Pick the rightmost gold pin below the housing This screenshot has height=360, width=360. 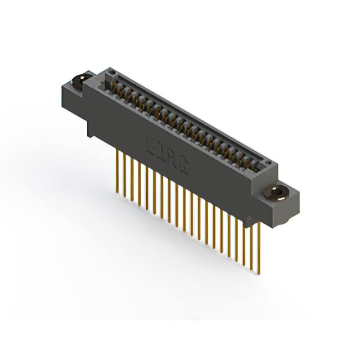click(x=260, y=247)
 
